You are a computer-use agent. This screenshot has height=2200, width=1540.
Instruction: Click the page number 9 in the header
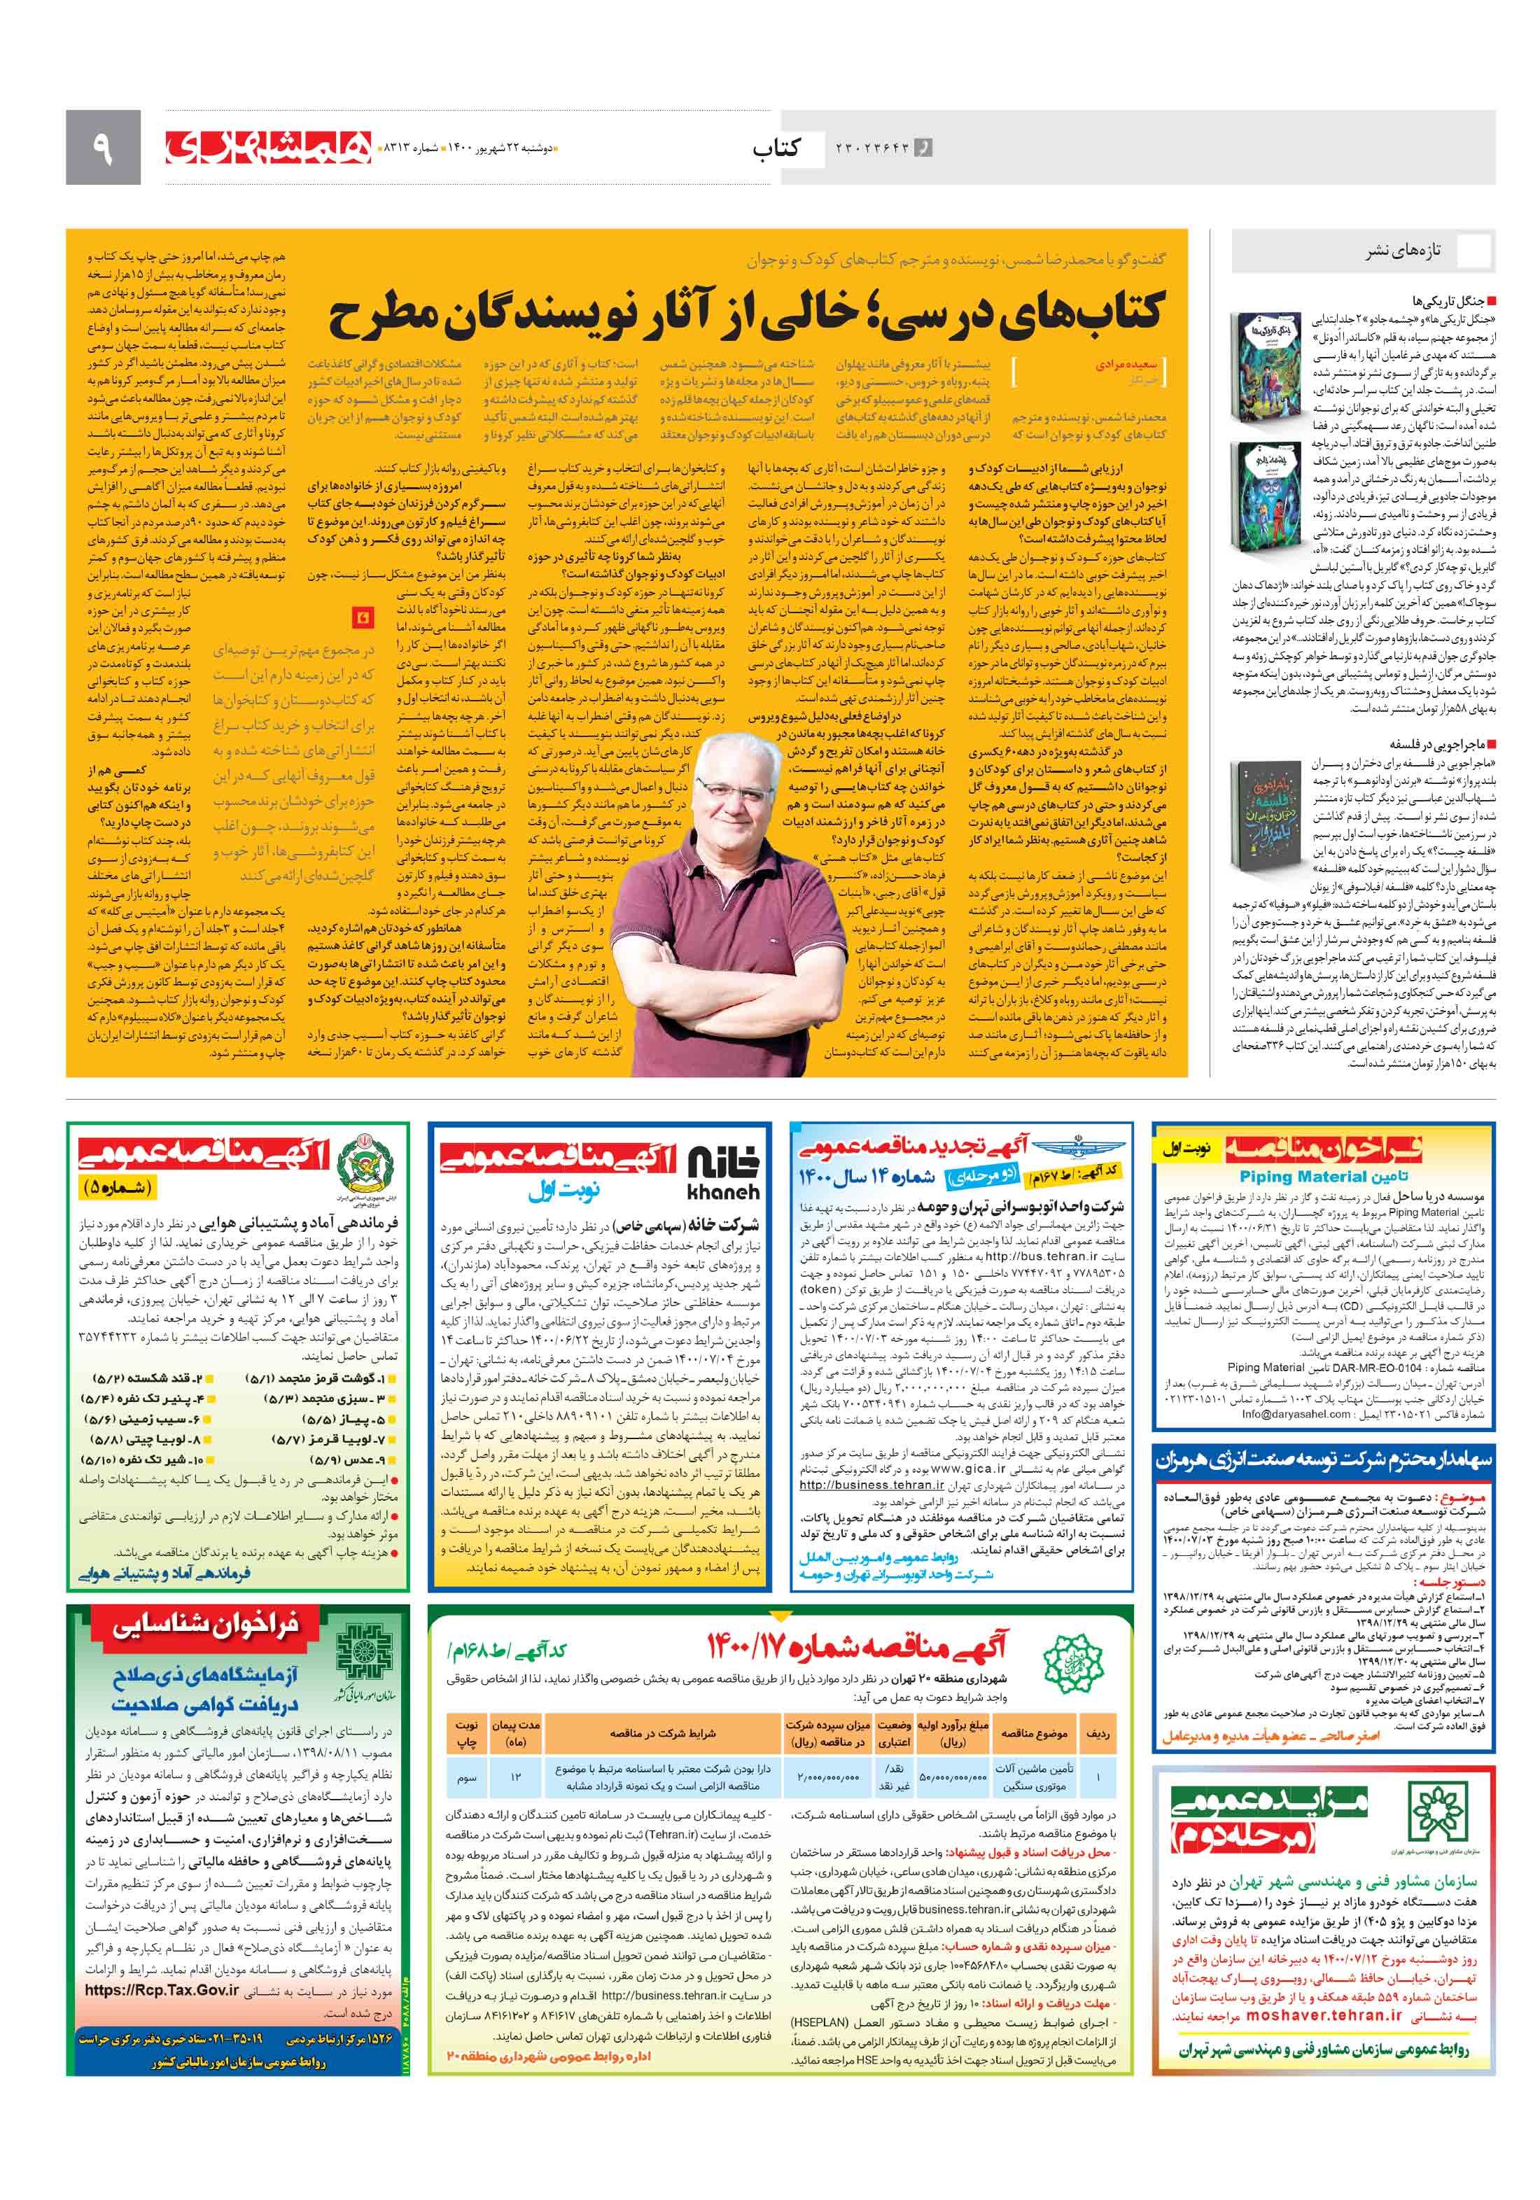tap(102, 148)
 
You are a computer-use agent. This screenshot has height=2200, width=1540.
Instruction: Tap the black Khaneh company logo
tap(722, 1175)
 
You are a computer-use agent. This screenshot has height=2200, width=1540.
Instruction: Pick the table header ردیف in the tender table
tap(1096, 1732)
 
